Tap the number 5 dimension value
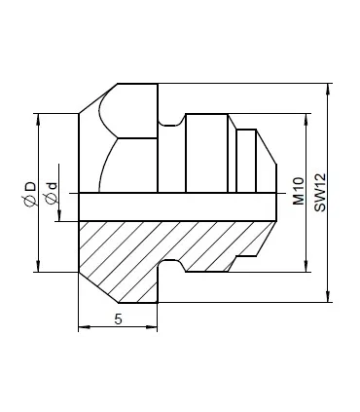[x=117, y=318]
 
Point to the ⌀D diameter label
[x=30, y=192]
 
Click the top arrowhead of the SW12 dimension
[x=328, y=87]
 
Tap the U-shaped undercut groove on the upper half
[x=171, y=121]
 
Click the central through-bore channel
[x=175, y=206]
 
